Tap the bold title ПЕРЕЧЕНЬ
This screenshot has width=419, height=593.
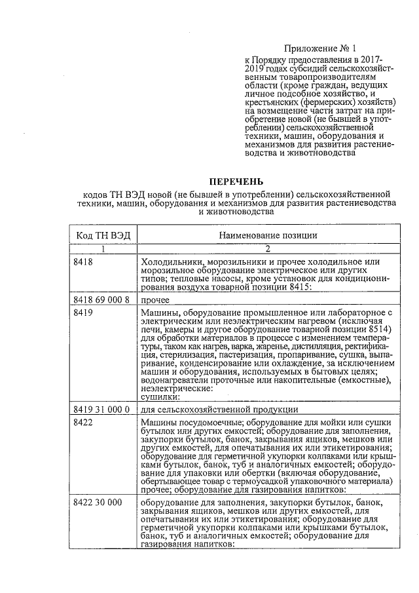click(x=236, y=181)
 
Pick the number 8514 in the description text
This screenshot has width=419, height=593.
click(x=376, y=330)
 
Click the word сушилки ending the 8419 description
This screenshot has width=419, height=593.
click(x=159, y=396)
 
